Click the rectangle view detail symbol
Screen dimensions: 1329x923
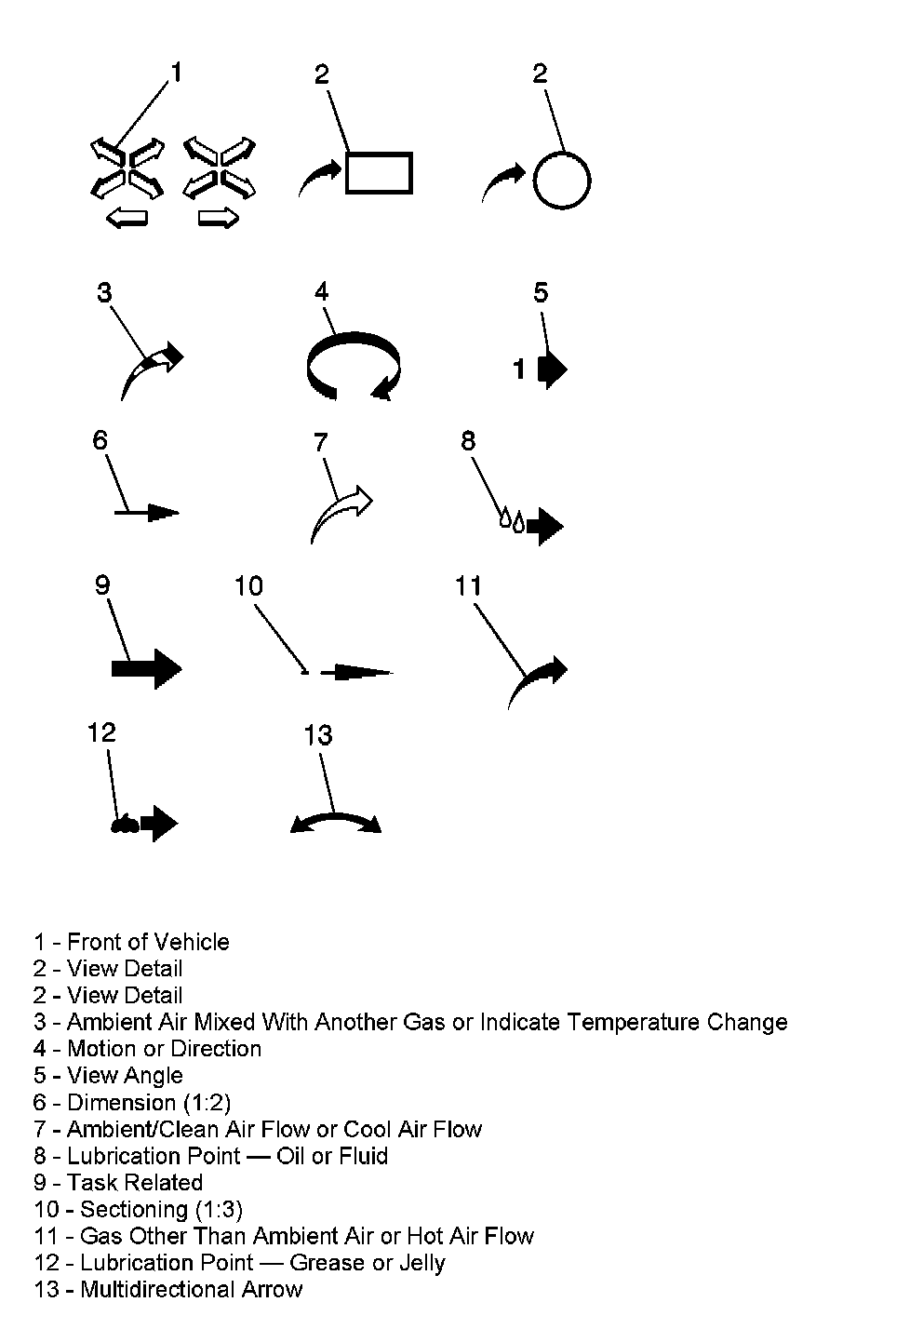379,173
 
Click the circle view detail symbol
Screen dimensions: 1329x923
562,180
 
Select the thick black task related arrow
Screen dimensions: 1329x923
146,668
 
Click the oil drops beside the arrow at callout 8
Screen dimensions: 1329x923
512,519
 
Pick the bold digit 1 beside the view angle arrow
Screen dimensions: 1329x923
519,369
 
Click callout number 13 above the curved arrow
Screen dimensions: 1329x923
318,735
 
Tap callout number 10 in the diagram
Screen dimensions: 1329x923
248,585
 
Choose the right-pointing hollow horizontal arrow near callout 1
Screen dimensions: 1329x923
219,219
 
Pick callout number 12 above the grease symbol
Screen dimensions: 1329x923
101,732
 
